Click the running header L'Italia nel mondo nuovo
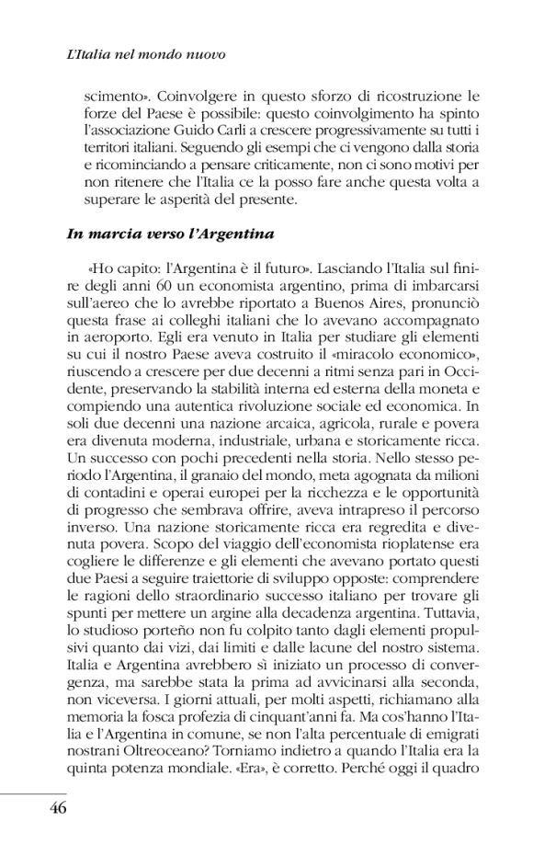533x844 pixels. coord(146,56)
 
